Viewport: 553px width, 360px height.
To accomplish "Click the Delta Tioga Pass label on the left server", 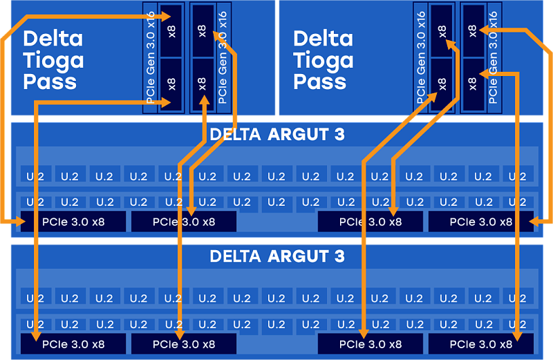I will point(53,60).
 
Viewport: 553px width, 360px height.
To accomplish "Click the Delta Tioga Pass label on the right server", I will point(323,60).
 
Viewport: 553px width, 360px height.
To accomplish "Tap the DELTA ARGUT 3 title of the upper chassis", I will point(276,134).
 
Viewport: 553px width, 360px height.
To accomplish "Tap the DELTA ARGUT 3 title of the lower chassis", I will point(276,256).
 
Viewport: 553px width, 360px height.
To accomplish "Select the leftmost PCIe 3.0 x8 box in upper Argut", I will point(73,222).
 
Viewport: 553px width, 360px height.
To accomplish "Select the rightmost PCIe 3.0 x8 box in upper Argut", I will point(481,222).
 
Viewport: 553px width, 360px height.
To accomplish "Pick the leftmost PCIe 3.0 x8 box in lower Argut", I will point(73,343).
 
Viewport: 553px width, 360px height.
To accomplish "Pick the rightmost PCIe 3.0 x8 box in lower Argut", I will point(481,343).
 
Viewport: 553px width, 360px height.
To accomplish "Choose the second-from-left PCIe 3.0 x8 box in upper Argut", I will point(184,222).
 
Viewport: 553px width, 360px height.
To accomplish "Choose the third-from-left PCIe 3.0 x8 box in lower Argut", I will point(370,343).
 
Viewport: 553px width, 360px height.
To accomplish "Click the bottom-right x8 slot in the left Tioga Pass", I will point(202,84).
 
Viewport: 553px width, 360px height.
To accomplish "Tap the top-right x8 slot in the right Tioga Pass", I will point(473,30).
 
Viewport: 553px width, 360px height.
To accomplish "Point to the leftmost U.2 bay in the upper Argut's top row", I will point(35,176).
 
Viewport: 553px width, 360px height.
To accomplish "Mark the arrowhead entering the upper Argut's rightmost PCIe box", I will point(532,221).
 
